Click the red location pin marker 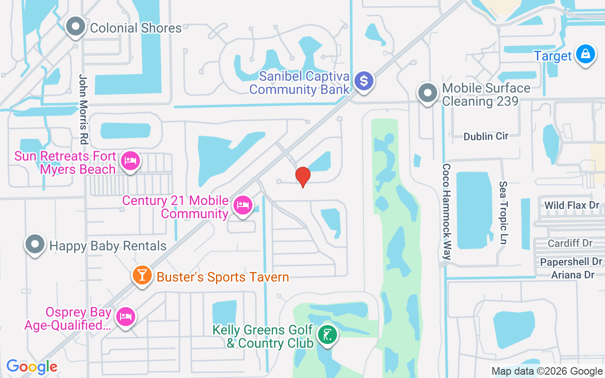[302, 176]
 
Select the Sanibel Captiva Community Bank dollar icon [364, 81]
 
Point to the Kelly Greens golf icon [327, 335]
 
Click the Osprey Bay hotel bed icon [125, 316]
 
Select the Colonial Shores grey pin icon [75, 27]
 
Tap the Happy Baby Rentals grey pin [35, 244]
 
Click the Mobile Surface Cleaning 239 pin [428, 93]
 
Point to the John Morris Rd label [84, 109]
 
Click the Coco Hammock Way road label [447, 212]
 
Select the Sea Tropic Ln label [503, 213]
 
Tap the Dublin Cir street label [485, 136]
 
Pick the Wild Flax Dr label [571, 206]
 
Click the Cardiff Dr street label [570, 243]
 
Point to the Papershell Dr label [571, 262]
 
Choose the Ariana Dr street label [573, 275]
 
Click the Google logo [32, 367]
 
